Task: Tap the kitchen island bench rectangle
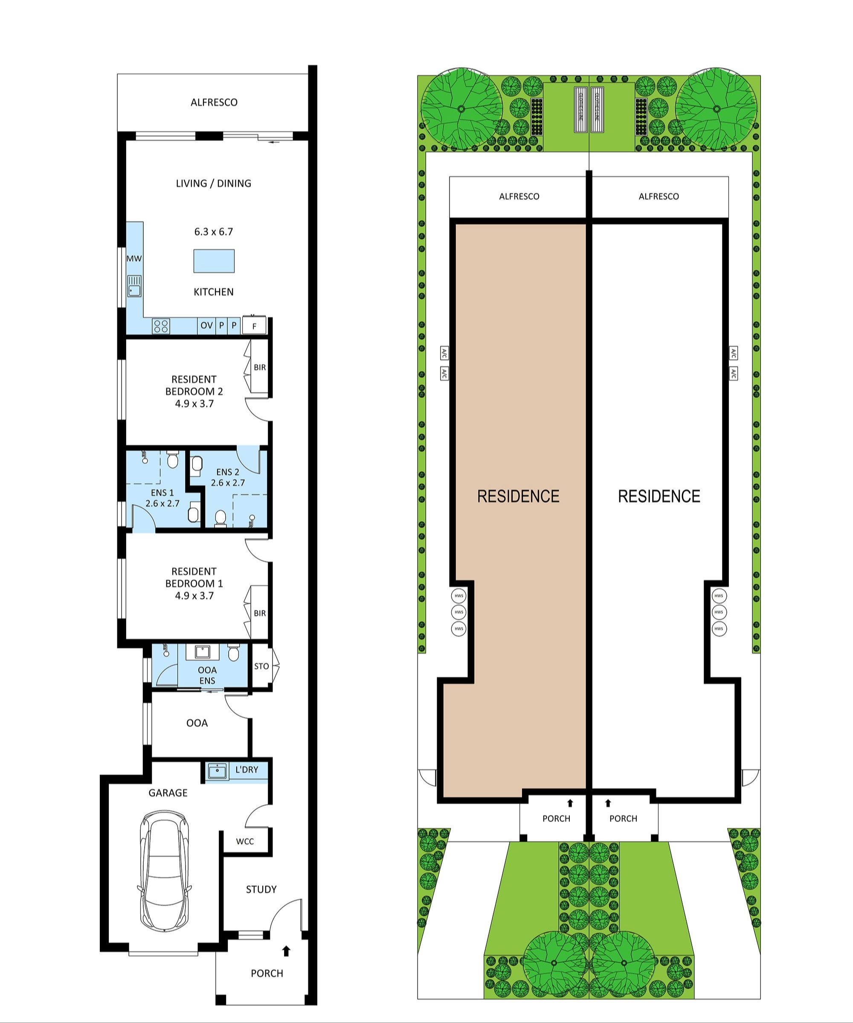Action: (214, 261)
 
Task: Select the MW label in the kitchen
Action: (134, 259)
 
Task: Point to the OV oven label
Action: (206, 325)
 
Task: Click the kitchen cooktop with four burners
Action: (161, 325)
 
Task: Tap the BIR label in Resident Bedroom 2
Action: (260, 367)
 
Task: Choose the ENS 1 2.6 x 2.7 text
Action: (162, 498)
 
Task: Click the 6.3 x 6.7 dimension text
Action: (213, 232)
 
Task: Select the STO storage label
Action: (261, 666)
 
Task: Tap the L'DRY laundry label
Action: (247, 770)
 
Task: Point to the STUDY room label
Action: (261, 890)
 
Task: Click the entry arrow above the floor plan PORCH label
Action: (287, 950)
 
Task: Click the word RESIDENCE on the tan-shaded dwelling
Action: (518, 496)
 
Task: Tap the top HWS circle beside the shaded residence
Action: (458, 595)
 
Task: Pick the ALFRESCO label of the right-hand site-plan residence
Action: (659, 196)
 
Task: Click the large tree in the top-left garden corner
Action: (461, 109)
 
